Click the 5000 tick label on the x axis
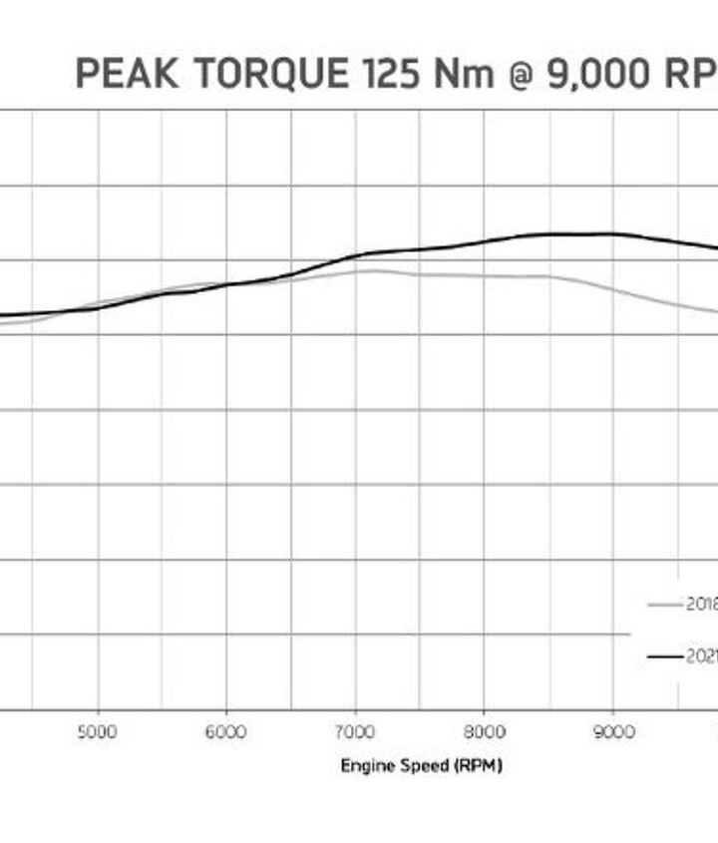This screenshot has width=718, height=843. (x=97, y=731)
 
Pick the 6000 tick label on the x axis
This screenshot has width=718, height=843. (x=225, y=731)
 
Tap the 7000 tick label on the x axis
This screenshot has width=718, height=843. (x=355, y=731)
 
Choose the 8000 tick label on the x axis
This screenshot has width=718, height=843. (x=484, y=731)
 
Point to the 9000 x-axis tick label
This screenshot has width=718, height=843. (x=613, y=731)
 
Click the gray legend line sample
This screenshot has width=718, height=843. (x=664, y=604)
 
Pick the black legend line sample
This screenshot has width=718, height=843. (x=664, y=656)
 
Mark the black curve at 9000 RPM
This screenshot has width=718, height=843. (x=613, y=234)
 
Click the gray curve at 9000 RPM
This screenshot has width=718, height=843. (x=613, y=289)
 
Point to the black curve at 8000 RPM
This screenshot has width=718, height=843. (x=484, y=241)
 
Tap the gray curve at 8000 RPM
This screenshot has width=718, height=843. (x=484, y=275)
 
